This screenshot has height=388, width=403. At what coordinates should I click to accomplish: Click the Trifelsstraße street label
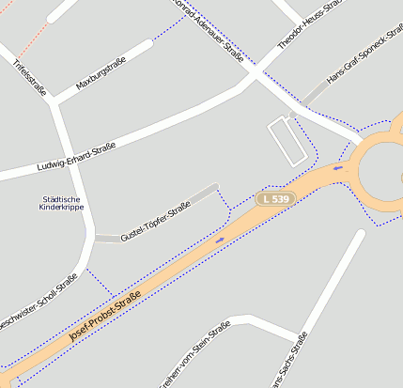[x=29, y=77]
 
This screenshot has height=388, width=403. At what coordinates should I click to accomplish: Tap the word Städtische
[x=62, y=199]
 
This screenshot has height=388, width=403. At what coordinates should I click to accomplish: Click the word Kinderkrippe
[x=62, y=208]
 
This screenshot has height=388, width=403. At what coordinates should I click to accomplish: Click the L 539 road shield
[x=276, y=199]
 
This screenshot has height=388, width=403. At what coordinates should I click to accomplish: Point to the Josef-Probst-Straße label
[x=105, y=320]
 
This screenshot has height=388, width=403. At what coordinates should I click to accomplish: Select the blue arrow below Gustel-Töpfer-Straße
[x=220, y=240]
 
